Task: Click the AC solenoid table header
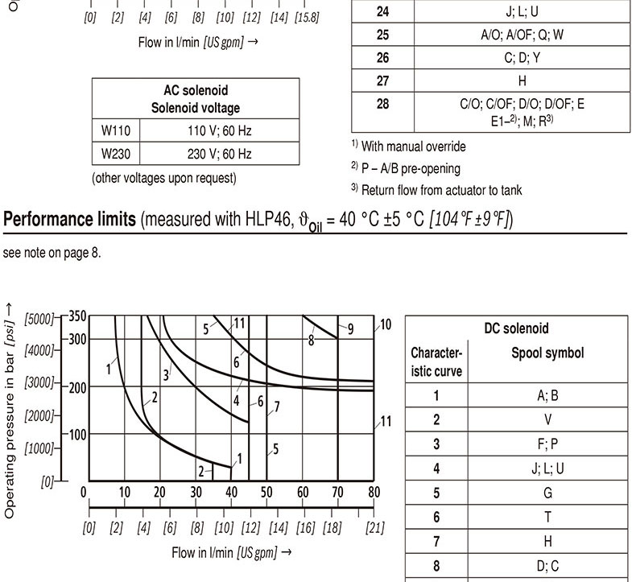click(x=195, y=99)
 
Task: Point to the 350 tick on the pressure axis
click(x=76, y=316)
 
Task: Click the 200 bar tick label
click(x=76, y=387)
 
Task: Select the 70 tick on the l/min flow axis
click(x=337, y=493)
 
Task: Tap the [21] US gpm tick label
click(x=374, y=528)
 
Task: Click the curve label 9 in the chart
click(x=351, y=328)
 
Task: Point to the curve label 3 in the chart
click(x=167, y=374)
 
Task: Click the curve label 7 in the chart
click(x=277, y=407)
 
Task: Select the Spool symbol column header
click(x=547, y=353)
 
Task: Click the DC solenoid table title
click(x=516, y=328)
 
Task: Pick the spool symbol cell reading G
click(x=547, y=493)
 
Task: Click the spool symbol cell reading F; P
click(x=547, y=444)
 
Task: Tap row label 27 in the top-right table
click(x=382, y=81)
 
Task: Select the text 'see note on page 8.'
click(x=52, y=253)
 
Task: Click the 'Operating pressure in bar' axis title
click(x=10, y=411)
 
